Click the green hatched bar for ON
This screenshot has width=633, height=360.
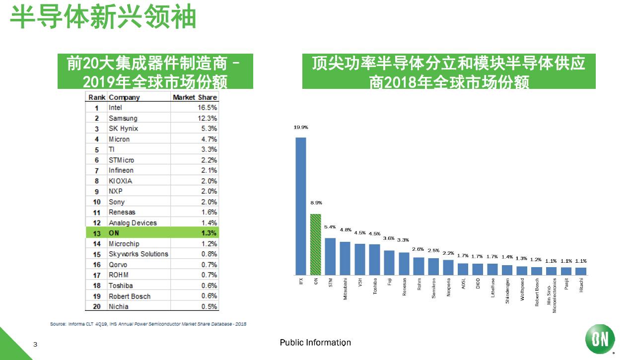(x=315, y=244)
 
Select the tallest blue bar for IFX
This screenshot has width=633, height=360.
(x=301, y=206)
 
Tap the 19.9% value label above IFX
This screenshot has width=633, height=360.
(x=301, y=128)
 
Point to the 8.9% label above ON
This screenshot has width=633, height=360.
(x=316, y=203)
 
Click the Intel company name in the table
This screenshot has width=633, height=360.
(x=115, y=108)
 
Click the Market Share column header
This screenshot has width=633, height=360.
(x=195, y=97)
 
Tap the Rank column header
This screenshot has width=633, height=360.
(x=97, y=97)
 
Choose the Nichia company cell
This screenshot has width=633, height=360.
(x=120, y=306)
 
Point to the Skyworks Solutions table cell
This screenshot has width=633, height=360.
(x=139, y=254)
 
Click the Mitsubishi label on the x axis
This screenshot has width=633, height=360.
(x=346, y=289)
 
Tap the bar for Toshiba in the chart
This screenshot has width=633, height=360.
(x=374, y=259)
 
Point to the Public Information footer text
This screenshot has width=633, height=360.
(x=315, y=343)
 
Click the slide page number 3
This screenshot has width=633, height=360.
(x=35, y=344)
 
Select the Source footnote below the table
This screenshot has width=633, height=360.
(x=148, y=324)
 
